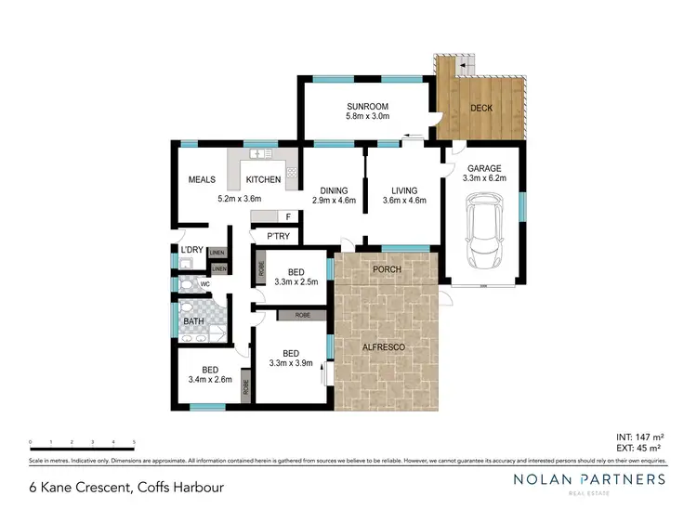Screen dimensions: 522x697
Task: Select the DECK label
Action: (x=481, y=108)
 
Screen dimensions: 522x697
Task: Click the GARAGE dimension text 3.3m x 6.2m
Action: (x=483, y=181)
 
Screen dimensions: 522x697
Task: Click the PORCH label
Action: (x=386, y=269)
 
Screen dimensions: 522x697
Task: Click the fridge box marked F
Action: (x=288, y=216)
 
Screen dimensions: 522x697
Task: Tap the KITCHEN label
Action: (x=263, y=179)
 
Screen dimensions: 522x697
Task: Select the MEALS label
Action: (x=202, y=179)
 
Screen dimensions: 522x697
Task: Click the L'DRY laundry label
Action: (x=191, y=250)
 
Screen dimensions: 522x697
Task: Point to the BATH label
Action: (x=193, y=321)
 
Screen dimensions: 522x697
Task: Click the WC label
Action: (x=204, y=284)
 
